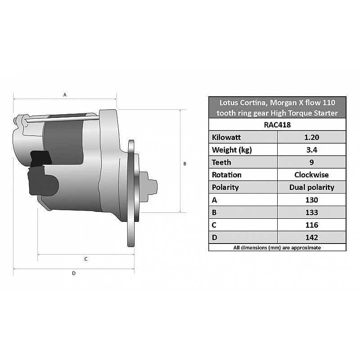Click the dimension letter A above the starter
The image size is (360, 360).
pos(65,95)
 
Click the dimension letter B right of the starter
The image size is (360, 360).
pos(184,164)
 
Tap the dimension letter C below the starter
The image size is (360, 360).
pos(86,259)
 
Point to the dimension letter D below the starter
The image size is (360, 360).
pos(74,273)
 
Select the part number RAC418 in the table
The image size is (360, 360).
pos(277,125)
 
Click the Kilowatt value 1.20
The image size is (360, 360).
pos(311,137)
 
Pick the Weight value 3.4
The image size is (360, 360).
pos(311,150)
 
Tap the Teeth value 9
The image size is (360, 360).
pos(311,162)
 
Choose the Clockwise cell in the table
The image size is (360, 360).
pos(311,175)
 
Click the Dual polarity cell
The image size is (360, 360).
pos(311,187)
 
